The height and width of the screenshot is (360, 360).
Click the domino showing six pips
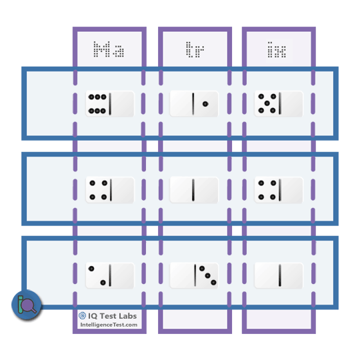[x=110, y=104]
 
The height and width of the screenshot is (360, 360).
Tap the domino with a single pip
[x=194, y=104]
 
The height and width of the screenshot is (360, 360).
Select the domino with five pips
[x=279, y=104]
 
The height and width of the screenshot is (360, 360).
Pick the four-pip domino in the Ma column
[x=110, y=190]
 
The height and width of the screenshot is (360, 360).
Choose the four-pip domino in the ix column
[x=279, y=190]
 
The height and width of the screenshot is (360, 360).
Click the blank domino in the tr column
[x=194, y=190]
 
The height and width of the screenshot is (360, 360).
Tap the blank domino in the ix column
[x=279, y=276]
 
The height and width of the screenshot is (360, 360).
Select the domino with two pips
[x=110, y=276]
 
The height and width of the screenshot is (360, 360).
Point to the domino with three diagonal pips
[x=194, y=276]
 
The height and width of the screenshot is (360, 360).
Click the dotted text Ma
[x=109, y=49]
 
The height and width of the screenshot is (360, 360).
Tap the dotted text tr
[x=195, y=49]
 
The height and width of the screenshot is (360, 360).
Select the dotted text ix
[x=277, y=49]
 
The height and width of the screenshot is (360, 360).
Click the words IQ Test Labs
[x=112, y=316]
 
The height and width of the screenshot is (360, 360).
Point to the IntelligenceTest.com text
[x=109, y=325]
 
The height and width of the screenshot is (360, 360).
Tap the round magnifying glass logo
[x=27, y=305]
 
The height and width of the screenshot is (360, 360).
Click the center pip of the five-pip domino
[x=267, y=103]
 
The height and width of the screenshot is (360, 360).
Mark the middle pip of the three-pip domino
[x=207, y=275]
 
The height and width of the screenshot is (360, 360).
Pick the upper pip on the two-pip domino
[x=91, y=269]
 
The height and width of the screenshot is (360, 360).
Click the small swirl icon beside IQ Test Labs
[x=82, y=316]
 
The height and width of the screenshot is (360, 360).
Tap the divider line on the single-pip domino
[x=193, y=104]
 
